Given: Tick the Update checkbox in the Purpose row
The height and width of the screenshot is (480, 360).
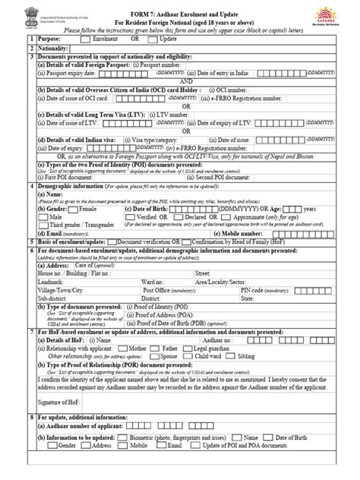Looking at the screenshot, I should [x=156, y=37].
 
